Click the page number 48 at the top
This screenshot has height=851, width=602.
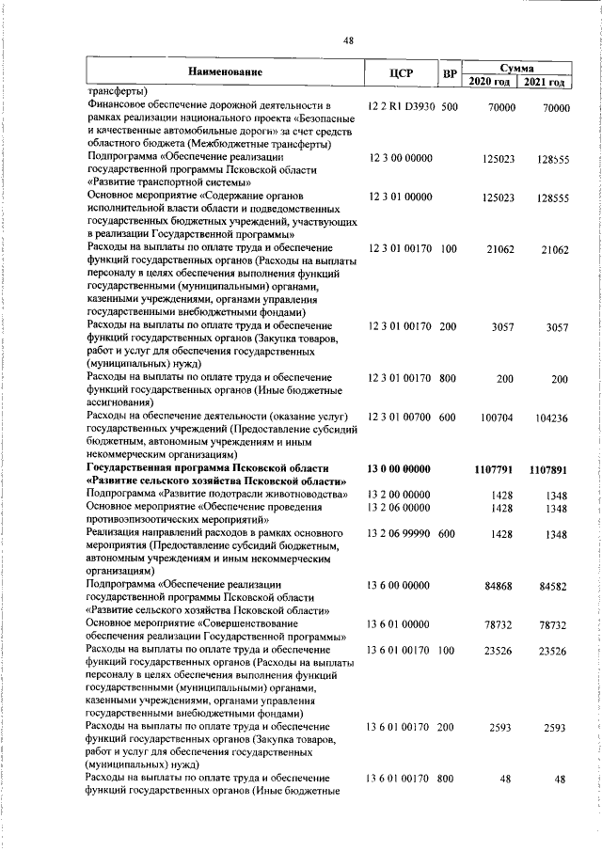coord(348,40)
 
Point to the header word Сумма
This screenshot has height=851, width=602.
coord(518,68)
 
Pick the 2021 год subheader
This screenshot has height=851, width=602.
coord(547,82)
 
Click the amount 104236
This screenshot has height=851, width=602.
coord(549,416)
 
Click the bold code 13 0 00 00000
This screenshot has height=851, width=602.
coord(400,467)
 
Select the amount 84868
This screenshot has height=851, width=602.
coord(499,586)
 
